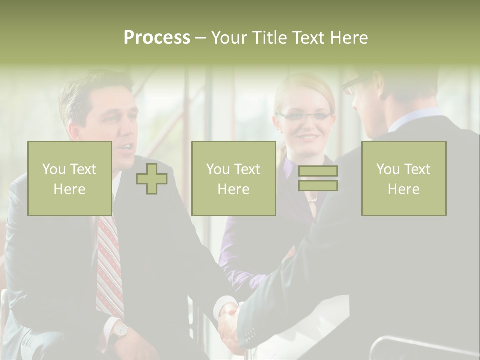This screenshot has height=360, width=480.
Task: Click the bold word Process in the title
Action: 157,38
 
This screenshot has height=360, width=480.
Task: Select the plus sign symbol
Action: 152,179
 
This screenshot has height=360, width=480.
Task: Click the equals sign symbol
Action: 318,178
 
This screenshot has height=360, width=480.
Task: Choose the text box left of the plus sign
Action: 70,179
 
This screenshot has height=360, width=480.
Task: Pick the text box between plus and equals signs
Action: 233,179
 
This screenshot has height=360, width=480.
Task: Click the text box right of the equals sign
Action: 403,179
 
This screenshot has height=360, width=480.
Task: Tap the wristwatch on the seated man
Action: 120,329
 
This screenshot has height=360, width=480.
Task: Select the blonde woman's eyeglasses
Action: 305,116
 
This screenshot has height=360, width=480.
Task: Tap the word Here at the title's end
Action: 349,38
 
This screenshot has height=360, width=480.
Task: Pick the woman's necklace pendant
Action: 312,200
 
